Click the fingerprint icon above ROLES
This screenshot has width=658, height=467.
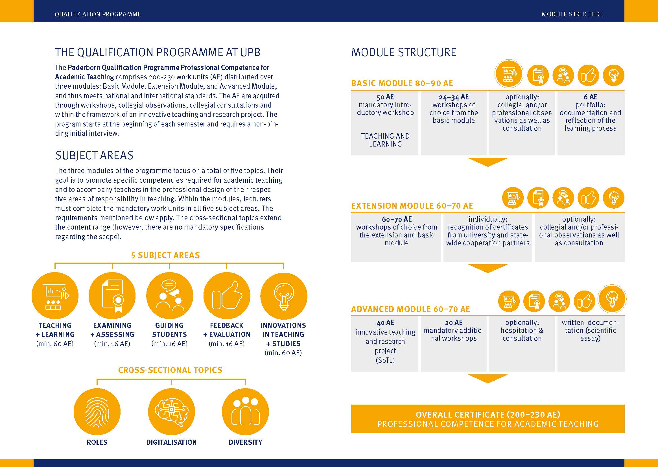click(97, 411)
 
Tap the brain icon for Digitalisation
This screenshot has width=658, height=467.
click(171, 411)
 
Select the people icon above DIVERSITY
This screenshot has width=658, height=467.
click(245, 411)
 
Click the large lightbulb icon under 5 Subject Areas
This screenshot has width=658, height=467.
click(283, 296)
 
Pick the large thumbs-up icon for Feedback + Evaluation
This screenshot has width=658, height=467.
click(227, 296)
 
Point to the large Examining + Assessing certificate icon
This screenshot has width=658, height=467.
click(112, 296)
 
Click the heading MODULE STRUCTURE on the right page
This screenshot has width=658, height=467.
click(404, 52)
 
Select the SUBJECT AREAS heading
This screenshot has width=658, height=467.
click(94, 155)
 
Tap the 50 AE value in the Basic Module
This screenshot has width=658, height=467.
click(385, 97)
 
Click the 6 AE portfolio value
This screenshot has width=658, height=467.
click(591, 97)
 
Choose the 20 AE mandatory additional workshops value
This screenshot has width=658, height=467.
click(454, 323)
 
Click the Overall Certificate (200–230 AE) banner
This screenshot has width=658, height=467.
click(488, 419)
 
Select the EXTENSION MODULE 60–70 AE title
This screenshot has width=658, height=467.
click(412, 206)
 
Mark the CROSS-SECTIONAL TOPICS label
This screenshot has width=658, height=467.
click(170, 370)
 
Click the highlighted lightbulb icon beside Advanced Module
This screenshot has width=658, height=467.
click(612, 299)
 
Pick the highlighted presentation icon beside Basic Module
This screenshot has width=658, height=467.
click(508, 74)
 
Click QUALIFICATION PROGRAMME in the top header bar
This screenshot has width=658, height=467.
click(98, 14)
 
